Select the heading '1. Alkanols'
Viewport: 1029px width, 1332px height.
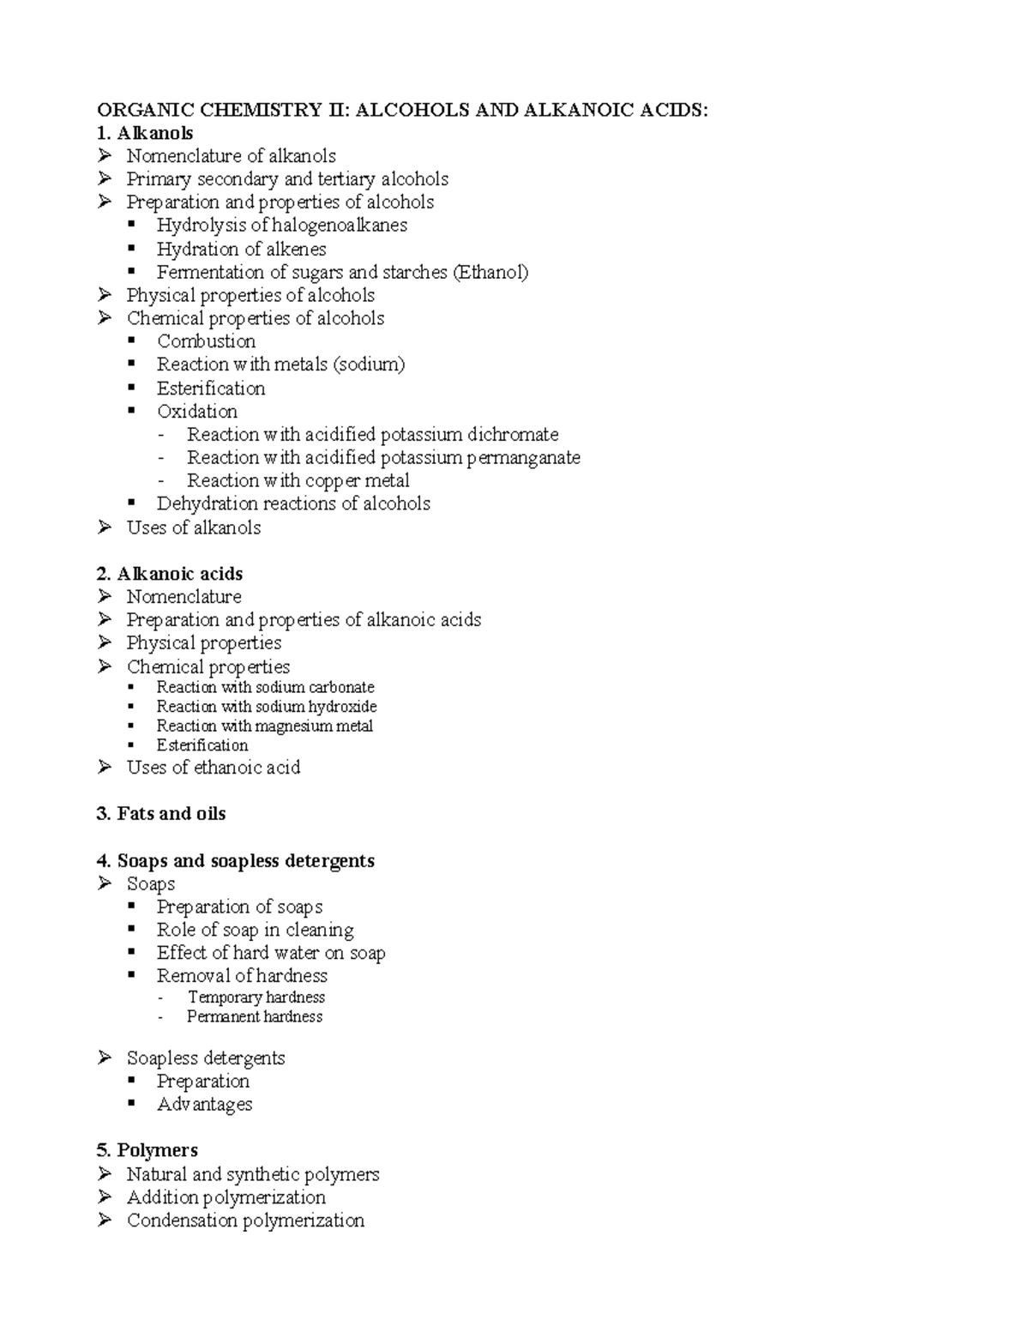(x=145, y=133)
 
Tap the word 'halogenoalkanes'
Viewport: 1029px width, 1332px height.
(x=340, y=226)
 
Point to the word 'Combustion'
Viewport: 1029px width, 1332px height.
(x=206, y=341)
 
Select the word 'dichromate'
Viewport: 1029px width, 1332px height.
(x=513, y=434)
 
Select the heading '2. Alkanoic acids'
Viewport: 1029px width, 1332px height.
(x=170, y=574)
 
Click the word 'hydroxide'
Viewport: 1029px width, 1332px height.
(x=343, y=707)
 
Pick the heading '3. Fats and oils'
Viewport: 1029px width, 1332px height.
(x=161, y=814)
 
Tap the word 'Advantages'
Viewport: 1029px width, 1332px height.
(x=205, y=1104)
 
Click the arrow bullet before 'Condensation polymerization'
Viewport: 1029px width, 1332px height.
(x=105, y=1220)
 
